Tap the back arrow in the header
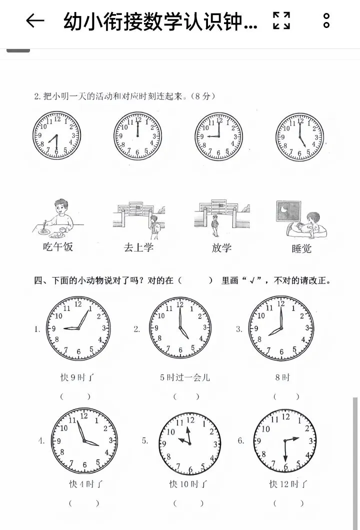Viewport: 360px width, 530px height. [x=35, y=20]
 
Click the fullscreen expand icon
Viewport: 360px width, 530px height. [x=281, y=20]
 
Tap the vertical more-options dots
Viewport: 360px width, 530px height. [x=326, y=20]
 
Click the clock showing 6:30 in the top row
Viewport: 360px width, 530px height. [x=57, y=135]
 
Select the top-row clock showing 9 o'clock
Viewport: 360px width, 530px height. [x=219, y=136]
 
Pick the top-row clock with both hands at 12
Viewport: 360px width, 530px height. [x=137, y=135]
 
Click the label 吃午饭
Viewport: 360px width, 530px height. [x=58, y=246]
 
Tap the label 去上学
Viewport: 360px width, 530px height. [x=138, y=247]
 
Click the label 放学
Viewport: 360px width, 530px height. [x=221, y=248]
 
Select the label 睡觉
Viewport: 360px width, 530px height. [x=301, y=249]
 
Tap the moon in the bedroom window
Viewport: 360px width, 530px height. [x=284, y=209]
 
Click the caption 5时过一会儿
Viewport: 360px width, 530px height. [x=185, y=377]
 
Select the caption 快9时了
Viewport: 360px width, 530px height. [x=77, y=377]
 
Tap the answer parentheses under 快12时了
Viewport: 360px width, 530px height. [x=288, y=503]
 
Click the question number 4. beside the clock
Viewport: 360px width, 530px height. [x=41, y=441]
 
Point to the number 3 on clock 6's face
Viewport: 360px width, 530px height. [x=310, y=441]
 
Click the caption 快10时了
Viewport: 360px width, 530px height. [x=188, y=484]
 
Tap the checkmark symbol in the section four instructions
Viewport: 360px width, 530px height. [x=252, y=280]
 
